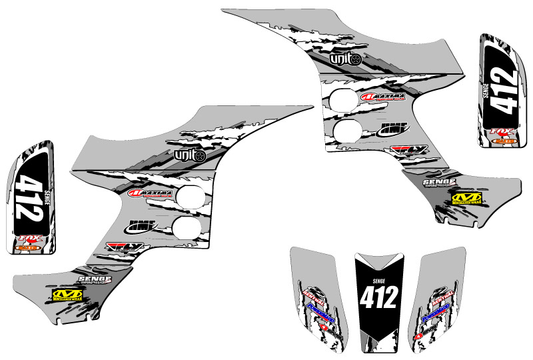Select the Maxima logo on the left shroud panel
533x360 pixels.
(151, 194)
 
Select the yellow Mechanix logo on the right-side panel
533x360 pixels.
(466, 197)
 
